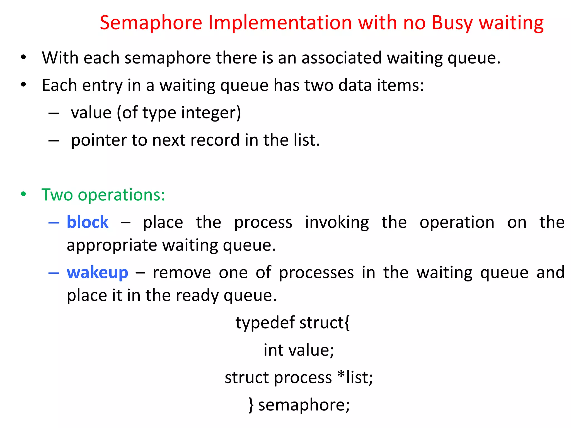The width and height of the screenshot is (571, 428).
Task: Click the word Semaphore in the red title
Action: (x=151, y=23)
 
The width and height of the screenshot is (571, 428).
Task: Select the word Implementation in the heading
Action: (x=280, y=23)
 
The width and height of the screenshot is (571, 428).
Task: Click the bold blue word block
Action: (x=88, y=222)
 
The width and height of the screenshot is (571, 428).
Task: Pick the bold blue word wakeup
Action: (x=97, y=273)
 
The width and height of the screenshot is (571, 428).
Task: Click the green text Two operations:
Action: (x=103, y=195)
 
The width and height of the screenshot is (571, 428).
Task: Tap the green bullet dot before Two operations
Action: (x=23, y=194)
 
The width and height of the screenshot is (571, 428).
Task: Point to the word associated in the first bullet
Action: (x=341, y=58)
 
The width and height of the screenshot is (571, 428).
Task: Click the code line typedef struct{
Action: (x=292, y=323)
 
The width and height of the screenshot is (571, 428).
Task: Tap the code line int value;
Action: (x=299, y=350)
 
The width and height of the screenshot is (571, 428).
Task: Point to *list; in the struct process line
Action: (x=355, y=377)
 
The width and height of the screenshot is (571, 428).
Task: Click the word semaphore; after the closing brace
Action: (x=304, y=405)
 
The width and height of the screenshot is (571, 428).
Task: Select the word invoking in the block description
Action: (x=337, y=222)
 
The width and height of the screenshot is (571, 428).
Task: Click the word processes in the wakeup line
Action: (x=316, y=273)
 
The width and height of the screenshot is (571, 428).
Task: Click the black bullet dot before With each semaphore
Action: (x=23, y=57)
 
